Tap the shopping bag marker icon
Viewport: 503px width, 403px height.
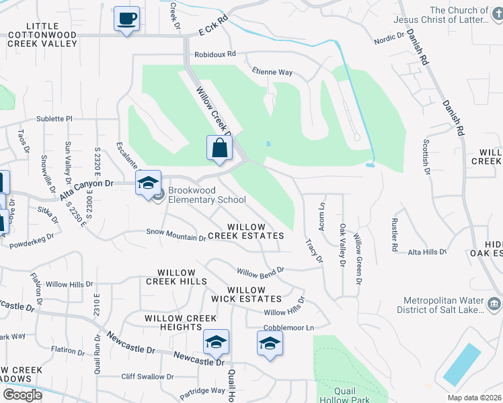point(220,148)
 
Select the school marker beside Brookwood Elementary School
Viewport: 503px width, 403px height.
point(148,182)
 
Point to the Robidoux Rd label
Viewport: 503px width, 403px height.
point(215,54)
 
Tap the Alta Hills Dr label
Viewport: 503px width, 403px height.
point(427,252)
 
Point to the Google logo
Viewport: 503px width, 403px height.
point(23,395)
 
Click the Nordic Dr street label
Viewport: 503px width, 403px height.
point(389,40)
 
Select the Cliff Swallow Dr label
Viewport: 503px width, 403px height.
point(147,377)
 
